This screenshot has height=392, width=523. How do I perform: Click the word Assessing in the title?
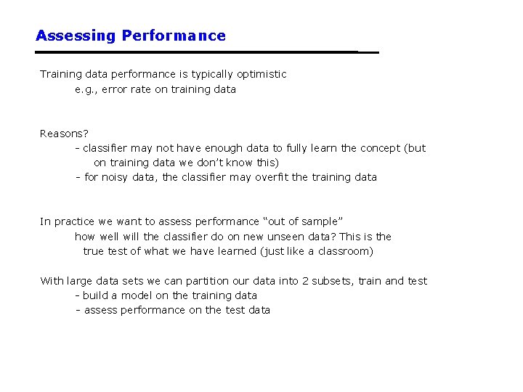(x=76, y=36)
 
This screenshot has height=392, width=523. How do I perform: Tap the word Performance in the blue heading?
(x=174, y=36)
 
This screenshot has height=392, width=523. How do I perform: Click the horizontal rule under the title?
(x=207, y=52)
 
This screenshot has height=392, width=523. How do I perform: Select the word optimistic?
(x=260, y=74)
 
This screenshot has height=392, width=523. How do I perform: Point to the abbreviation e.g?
(x=86, y=89)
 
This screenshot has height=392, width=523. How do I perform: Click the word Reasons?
(x=64, y=134)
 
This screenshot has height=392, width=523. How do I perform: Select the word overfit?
(x=272, y=177)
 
